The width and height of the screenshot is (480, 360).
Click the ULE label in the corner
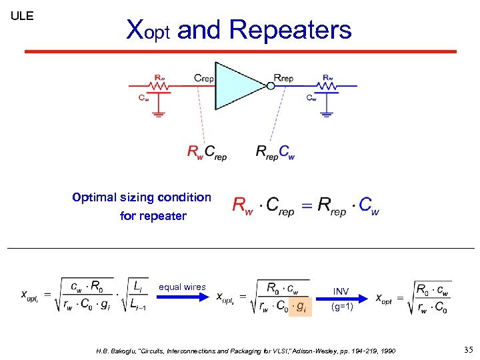coord(22,16)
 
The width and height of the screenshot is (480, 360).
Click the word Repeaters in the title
coord(290,30)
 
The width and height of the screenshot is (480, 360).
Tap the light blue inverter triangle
coord(237,86)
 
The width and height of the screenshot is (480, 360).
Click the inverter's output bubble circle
coord(270,85)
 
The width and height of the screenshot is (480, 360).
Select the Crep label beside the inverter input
coord(203,78)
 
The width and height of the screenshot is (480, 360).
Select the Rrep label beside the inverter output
coord(284,78)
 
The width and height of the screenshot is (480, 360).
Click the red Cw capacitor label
coord(143,97)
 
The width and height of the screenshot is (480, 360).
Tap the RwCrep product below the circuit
coord(207,153)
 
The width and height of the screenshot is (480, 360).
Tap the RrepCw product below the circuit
coord(275,153)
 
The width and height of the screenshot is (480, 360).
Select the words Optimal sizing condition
coord(141,197)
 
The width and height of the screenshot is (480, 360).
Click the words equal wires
coord(182,287)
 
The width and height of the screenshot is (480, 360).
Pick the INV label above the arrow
coord(341,291)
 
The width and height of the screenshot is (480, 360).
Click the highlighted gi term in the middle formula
coord(301,307)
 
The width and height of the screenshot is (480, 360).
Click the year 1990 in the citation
coord(385,350)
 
